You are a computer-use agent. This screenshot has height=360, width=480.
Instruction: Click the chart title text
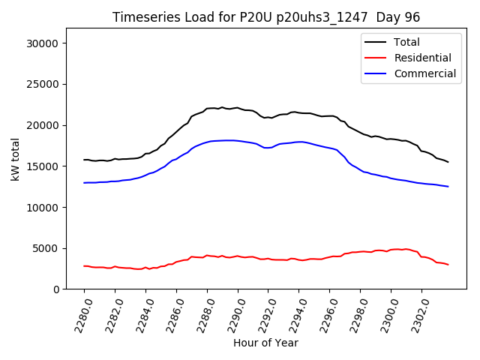(266, 17)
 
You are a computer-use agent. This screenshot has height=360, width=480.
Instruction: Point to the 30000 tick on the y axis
(43, 43)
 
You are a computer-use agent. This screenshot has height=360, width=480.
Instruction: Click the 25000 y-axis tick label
(43, 85)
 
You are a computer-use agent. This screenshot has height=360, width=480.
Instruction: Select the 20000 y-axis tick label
(43, 125)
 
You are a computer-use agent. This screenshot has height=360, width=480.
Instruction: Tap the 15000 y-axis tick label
(43, 166)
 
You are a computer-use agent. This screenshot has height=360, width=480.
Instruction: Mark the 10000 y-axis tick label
(43, 207)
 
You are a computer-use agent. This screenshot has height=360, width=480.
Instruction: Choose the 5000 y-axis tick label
(46, 248)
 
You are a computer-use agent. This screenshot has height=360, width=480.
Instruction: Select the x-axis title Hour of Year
(265, 343)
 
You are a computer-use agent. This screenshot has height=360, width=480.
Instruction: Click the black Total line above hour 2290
(238, 108)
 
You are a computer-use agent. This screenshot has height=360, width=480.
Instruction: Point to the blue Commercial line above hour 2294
(299, 142)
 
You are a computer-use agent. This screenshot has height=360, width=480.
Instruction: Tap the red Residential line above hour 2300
(391, 250)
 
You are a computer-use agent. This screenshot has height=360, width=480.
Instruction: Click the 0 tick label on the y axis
(55, 289)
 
